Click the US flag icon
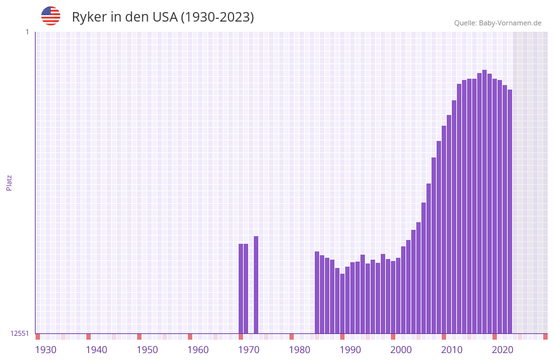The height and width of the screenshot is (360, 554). coord(51,16)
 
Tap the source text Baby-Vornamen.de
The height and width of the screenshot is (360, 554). coord(510,23)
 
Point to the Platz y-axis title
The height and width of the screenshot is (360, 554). coord(9,182)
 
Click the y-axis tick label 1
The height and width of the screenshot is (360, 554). coord(27,32)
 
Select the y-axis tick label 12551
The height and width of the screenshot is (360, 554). coord(20,333)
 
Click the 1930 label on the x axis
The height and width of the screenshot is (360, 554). coord(46,350)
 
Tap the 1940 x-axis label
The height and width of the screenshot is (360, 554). coord(96,350)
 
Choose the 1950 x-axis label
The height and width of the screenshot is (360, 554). coord(147,350)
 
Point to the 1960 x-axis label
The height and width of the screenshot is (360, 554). coord(198,350)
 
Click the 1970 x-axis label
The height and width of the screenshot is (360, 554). coord(249,350)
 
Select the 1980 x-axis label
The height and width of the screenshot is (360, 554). coord(300,350)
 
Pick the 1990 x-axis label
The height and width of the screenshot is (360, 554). coord(350,350)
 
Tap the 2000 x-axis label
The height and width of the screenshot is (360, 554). coord(401,350)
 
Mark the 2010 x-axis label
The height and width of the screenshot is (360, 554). coord(452,350)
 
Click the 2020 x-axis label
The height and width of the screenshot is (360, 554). coord(503,350)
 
